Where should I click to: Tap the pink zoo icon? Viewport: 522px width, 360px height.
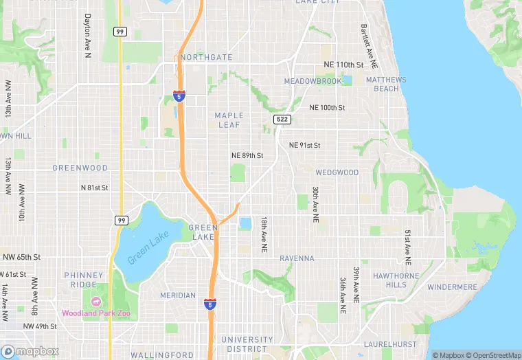[x=95, y=302]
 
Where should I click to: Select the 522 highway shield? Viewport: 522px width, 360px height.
[x=282, y=120]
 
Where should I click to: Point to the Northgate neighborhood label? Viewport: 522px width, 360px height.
[x=207, y=58]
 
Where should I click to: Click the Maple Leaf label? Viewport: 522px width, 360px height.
[x=229, y=120]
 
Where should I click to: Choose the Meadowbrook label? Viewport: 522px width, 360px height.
[x=313, y=81]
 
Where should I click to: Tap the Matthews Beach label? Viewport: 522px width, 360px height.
[x=386, y=84]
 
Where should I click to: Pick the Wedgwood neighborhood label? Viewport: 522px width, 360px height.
[x=337, y=172]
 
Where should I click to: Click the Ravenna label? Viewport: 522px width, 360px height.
[x=297, y=258]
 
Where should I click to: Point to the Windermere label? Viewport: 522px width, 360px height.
[x=452, y=286]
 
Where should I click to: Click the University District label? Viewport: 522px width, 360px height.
[x=247, y=344]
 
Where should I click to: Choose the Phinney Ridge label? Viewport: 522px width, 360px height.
[x=84, y=280]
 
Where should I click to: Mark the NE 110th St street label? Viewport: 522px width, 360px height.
[x=343, y=65]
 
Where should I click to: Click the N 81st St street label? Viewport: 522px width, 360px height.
[x=95, y=188]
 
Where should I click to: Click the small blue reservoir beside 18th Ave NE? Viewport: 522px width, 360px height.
[x=245, y=223]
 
